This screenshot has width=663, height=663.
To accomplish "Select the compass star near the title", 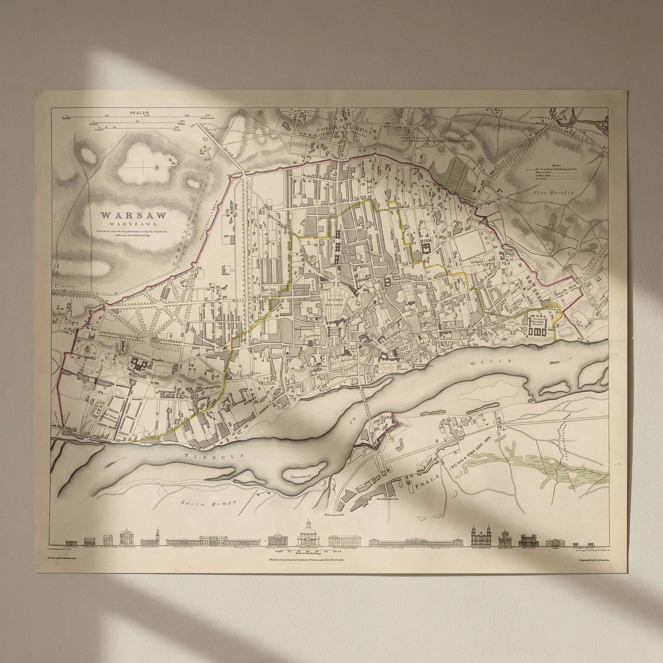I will [157, 167].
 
